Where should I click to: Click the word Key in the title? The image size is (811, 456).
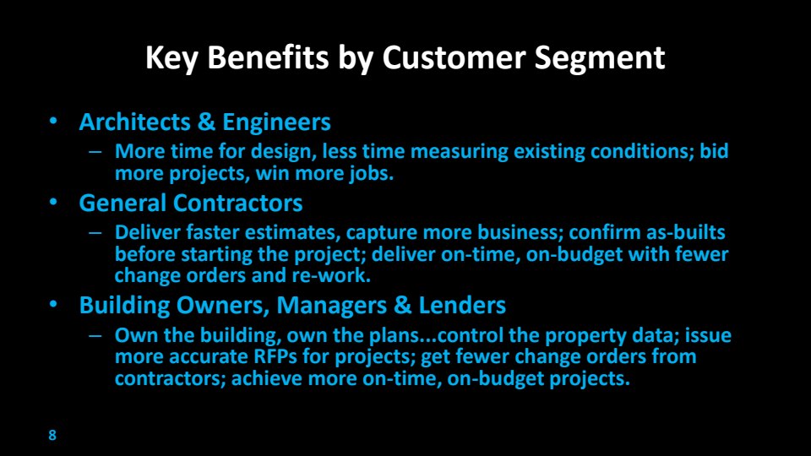(171, 58)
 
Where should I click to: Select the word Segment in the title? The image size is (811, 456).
(600, 58)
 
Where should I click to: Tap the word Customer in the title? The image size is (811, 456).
(454, 57)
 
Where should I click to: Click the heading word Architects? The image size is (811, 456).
(135, 122)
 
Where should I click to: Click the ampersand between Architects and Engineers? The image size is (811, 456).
(206, 122)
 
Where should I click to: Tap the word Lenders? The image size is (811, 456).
(462, 305)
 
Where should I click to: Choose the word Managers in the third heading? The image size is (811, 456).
(331, 306)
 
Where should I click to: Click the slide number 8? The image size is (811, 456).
(52, 435)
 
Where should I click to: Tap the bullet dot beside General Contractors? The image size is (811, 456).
(53, 202)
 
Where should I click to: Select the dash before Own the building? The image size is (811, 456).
(95, 335)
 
